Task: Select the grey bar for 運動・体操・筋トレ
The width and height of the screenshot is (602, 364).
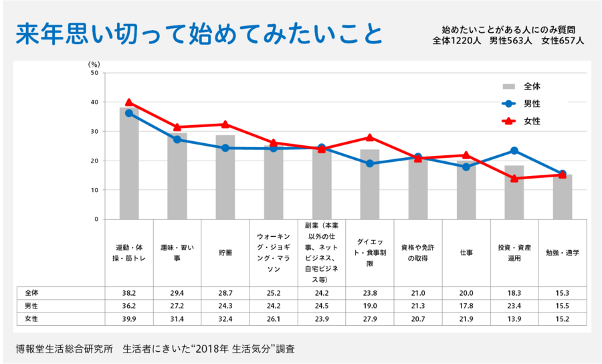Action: coord(129,164)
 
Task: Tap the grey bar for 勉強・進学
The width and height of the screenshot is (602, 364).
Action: coord(562,197)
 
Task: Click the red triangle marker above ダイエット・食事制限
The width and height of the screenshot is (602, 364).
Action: coord(369,137)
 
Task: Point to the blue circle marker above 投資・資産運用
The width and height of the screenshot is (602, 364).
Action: coord(514,151)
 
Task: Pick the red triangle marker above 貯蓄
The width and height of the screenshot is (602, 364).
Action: coord(225,124)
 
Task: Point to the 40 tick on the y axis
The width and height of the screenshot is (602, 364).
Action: coord(94,102)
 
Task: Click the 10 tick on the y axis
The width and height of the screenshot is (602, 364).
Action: coord(94,190)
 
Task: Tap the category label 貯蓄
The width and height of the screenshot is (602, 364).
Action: coord(225,254)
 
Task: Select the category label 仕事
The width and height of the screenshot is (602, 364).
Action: coord(466,254)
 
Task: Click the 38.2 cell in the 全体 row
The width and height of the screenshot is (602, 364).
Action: coord(129,293)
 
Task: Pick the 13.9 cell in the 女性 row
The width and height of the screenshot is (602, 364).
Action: coord(514,319)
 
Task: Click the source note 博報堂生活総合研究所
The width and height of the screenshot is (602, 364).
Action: coord(64,349)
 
